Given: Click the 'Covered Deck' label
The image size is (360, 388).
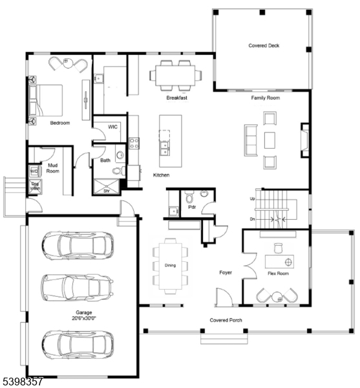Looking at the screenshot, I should coord(264,46).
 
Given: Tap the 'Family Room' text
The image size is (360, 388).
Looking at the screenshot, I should coord(265,98).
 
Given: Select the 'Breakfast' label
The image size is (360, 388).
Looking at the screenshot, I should coord(176,98).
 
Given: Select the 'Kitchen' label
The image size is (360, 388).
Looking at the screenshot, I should coord(161,176).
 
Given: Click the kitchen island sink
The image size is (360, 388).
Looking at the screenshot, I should coord(165,148).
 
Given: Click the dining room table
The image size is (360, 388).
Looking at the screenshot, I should coord(169,265).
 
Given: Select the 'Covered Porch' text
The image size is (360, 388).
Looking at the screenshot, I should coord(226,320).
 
